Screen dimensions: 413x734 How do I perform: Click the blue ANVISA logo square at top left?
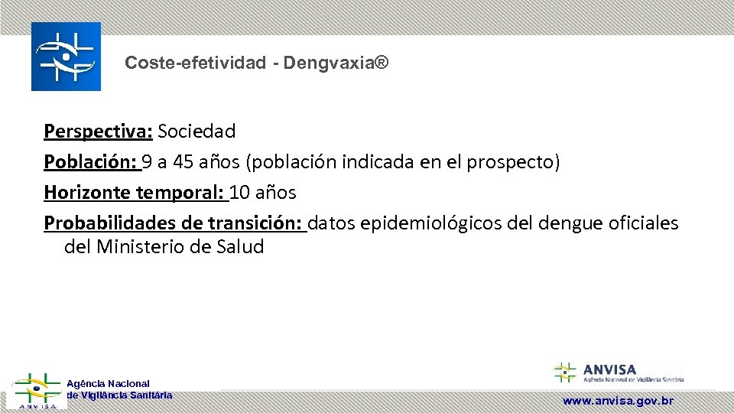(66, 57)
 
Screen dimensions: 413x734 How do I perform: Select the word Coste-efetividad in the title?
(196, 63)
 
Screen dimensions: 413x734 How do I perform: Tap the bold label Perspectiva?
(99, 132)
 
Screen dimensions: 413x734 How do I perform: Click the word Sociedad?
(197, 132)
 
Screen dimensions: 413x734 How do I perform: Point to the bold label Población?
(90, 162)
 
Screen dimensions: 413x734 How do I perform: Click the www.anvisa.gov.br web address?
(618, 401)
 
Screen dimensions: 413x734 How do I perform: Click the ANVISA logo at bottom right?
(618, 372)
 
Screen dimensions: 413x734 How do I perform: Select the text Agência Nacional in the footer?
(108, 383)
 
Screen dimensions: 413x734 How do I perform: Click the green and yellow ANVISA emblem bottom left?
(36, 391)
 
